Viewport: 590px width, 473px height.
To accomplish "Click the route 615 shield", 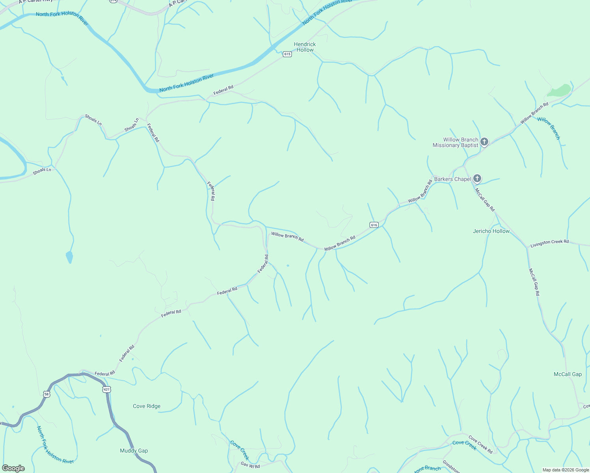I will tap(287, 54).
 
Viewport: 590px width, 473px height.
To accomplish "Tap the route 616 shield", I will tap(374, 225).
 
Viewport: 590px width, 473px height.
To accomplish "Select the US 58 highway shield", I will tap(47, 394).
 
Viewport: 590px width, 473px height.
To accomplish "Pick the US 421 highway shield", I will tap(106, 389).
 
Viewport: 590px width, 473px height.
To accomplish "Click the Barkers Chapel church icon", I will tap(477, 179).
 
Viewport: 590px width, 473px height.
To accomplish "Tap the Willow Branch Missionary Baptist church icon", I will tap(484, 142).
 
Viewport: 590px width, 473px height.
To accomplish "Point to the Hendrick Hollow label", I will tap(305, 47).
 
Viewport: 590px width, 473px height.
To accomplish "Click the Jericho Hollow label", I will tap(491, 231).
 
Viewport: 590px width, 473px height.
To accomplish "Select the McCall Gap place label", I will tap(568, 374).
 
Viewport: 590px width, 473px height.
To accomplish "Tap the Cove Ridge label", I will tap(147, 406).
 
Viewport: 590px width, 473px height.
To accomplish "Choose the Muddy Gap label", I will tap(134, 451).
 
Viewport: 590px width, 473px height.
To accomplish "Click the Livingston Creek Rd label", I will tap(549, 242).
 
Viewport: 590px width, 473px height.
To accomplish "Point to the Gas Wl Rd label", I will tap(250, 466).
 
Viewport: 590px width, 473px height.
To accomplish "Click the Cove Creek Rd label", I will tap(480, 444).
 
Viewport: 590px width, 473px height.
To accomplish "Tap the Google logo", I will tap(13, 468).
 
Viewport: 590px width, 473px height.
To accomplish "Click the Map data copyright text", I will tap(566, 470).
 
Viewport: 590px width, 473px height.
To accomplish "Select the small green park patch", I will tap(559, 91).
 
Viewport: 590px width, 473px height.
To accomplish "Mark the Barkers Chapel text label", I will tap(452, 179).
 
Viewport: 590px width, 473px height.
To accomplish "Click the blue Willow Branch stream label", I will tap(549, 128).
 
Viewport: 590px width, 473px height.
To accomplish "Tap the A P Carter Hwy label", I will tap(35, 1).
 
